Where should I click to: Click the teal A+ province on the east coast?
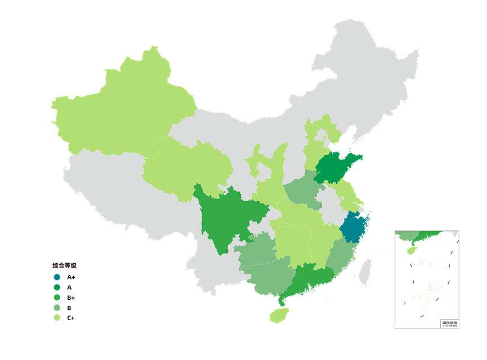click(354, 228)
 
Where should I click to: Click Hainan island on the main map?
click(278, 315)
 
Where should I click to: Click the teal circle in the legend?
click(57, 277)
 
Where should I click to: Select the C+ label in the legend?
click(71, 318)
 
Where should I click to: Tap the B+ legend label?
click(71, 297)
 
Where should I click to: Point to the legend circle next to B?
click(57, 308)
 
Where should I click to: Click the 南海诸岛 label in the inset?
click(450, 322)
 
